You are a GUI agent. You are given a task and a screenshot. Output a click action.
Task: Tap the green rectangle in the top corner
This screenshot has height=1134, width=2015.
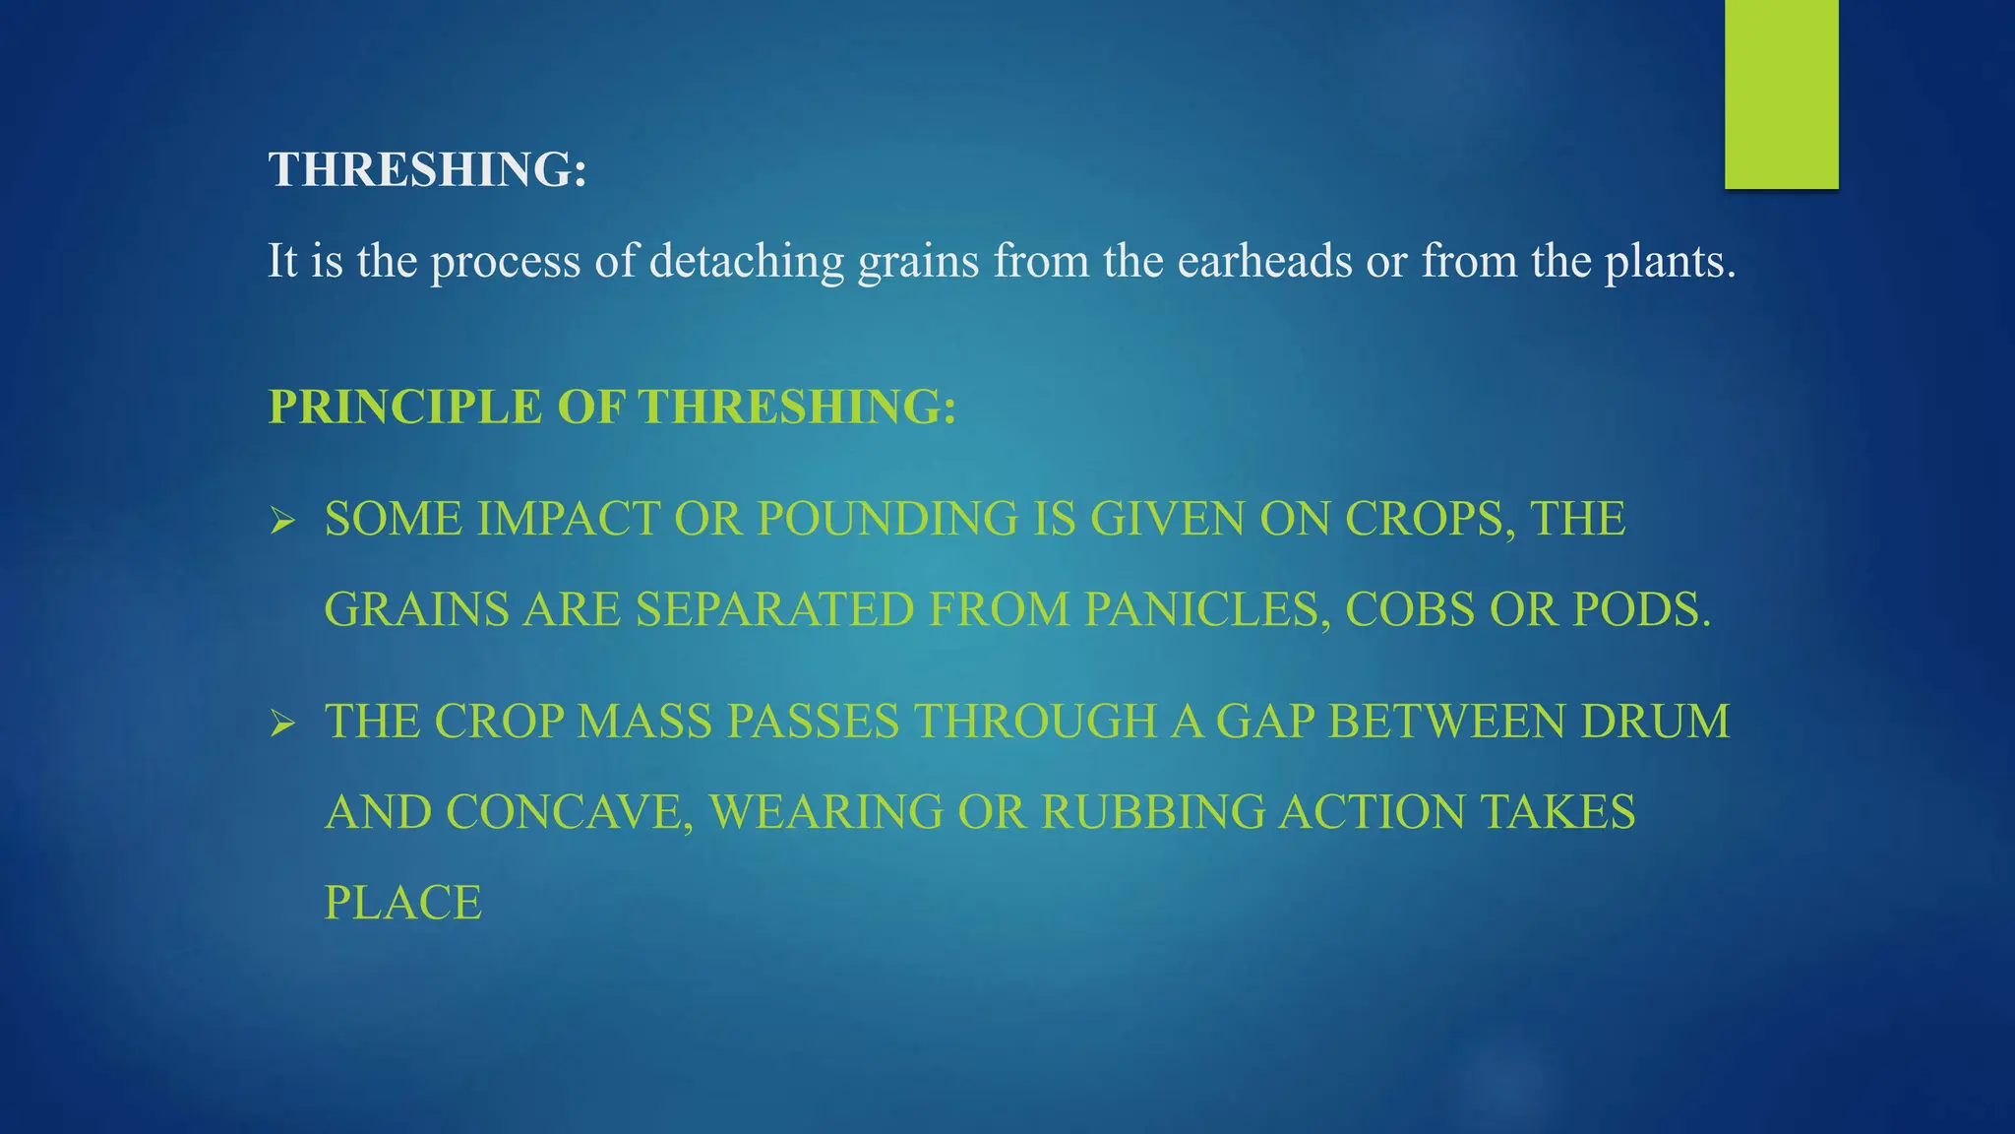point(1781,94)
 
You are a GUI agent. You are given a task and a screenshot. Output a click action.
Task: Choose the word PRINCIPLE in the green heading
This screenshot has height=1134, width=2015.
point(404,407)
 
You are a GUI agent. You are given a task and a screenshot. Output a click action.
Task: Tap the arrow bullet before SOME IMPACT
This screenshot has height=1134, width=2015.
point(282,520)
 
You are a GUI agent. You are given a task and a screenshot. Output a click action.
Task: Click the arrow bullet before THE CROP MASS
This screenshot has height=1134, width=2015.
point(282,724)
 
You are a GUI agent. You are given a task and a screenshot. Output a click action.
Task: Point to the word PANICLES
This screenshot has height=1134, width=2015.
point(1207,609)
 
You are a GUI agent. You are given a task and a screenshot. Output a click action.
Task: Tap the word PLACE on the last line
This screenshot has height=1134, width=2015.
point(402,903)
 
